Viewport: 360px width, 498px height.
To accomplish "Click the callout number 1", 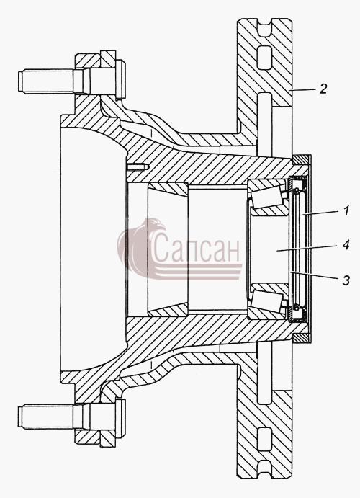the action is (346, 211).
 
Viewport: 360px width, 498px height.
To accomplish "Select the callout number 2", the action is (323, 89).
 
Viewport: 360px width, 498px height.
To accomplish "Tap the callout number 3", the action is (346, 280).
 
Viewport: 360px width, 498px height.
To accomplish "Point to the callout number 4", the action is (346, 245).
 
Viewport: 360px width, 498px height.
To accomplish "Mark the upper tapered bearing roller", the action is (266, 197).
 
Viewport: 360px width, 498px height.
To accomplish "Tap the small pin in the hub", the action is (138, 166).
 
